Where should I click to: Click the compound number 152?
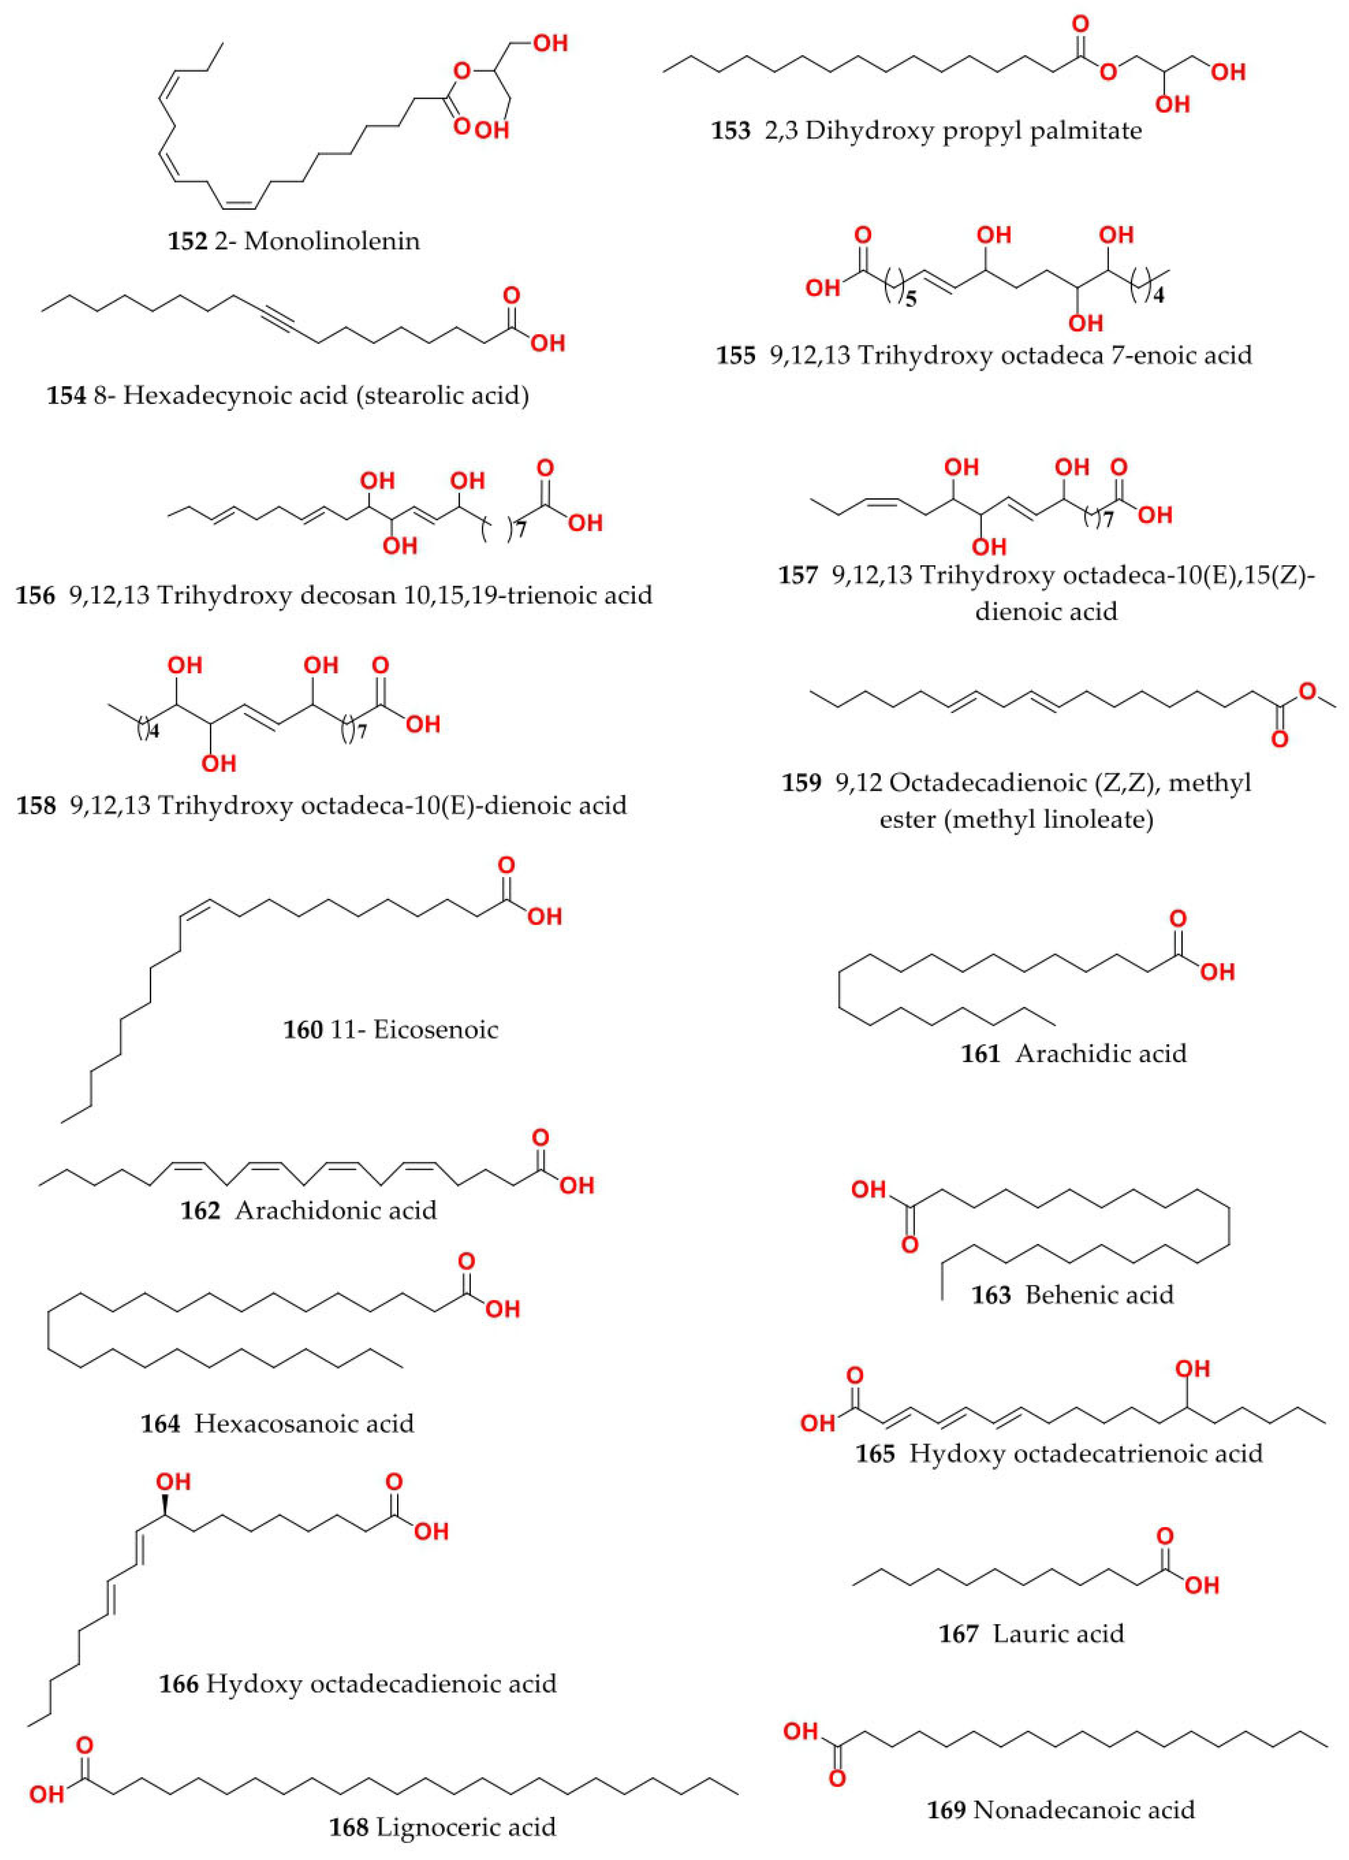[x=187, y=241]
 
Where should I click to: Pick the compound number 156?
[x=35, y=596]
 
